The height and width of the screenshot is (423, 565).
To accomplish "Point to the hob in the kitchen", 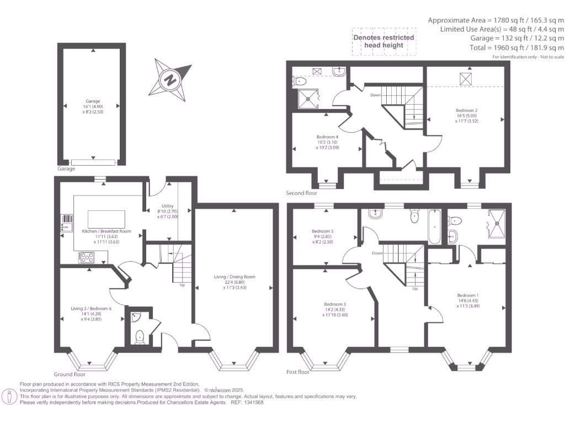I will tap(87, 257).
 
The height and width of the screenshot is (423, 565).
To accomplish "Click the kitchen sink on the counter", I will tap(67, 223).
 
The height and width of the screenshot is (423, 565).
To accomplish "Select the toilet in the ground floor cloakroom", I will tap(140, 336).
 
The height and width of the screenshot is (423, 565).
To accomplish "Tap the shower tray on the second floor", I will tap(308, 99).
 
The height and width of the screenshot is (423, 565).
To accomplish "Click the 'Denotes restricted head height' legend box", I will tap(383, 41).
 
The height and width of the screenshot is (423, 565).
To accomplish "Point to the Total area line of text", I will tap(495, 48).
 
